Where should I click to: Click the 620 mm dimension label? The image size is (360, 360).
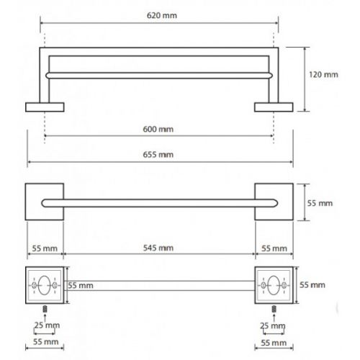point(162,16)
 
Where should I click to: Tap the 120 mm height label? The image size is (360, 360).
point(323,75)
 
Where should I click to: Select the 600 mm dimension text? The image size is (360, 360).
point(158,130)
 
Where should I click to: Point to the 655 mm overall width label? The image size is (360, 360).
point(158,155)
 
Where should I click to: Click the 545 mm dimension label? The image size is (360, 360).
point(158,248)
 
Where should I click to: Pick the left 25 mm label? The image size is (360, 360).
point(47,325)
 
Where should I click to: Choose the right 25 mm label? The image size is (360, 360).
point(273,326)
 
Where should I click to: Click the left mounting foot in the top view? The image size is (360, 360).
point(45,107)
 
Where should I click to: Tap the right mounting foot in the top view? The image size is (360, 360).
point(274,107)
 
